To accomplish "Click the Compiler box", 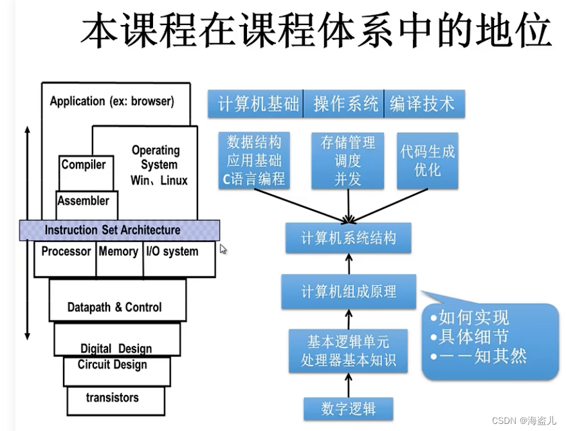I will pos(84,165).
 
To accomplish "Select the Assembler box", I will pos(84,201).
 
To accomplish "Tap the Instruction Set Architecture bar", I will pos(120,230).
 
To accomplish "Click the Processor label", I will pos(66,252).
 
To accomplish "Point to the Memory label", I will pos(118,252).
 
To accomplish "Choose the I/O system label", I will pos(172,252).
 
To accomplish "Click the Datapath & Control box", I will pos(114,307).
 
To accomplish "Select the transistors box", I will pos(112,398).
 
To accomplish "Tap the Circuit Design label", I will pos(113,365).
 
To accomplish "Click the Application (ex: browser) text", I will pos(112,102).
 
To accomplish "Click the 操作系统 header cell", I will pos(345,104).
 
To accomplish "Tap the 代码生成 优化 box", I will pos(427,161).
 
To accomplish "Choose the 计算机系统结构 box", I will pos(349,238).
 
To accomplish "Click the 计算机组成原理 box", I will pos(349,291).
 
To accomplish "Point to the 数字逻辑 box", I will pos(348,408).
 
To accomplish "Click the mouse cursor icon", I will pos(224,249).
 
